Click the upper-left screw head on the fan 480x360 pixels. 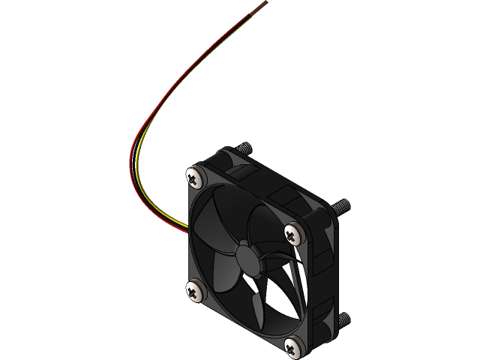(194, 177)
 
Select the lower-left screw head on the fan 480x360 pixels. (193, 290)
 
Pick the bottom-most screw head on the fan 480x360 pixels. (293, 346)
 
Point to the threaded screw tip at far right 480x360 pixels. (341, 204)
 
